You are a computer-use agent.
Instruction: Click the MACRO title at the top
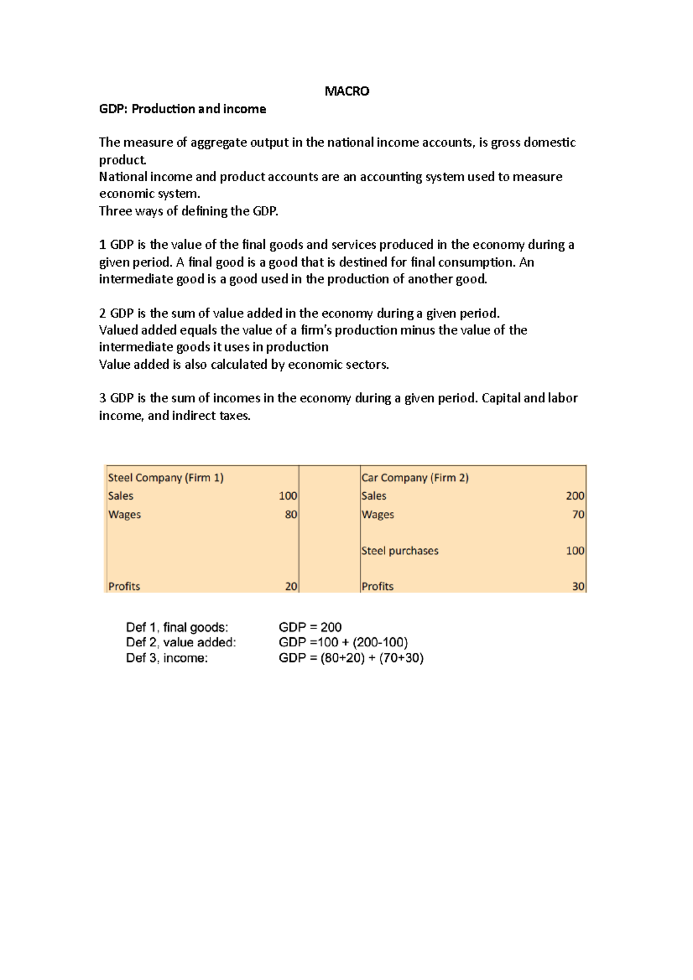346,91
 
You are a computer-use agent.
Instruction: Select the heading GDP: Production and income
182,109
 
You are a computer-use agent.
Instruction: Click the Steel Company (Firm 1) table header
166,478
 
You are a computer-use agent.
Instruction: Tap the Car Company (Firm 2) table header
415,478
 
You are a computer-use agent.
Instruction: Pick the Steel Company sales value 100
288,496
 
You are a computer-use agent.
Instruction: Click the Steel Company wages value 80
291,514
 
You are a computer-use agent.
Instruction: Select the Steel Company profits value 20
291,586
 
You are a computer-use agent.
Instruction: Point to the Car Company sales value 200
575,496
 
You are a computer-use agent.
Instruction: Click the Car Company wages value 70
578,514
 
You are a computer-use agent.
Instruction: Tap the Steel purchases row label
400,551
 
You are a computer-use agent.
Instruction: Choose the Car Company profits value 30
578,586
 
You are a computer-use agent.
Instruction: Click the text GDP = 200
310,627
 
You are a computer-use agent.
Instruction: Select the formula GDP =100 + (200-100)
343,642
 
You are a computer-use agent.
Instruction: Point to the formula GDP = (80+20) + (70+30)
351,658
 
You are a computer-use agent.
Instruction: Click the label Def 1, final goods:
177,627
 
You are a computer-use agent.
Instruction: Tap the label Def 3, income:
167,658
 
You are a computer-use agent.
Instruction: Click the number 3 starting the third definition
103,398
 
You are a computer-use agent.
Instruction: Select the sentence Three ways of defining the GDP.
188,211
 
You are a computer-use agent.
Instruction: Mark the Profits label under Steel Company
124,586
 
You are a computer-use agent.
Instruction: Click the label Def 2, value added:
181,642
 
